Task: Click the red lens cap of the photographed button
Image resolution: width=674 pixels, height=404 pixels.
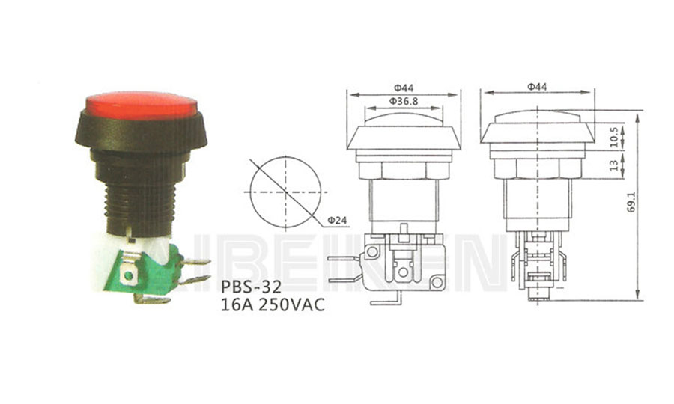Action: [x=142, y=105]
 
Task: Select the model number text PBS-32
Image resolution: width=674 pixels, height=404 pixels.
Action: [x=252, y=287]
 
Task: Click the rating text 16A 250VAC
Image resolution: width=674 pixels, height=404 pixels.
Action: [x=273, y=304]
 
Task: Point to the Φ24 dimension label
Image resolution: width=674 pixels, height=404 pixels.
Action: [x=337, y=221]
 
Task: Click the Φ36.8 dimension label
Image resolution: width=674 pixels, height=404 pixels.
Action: [x=403, y=101]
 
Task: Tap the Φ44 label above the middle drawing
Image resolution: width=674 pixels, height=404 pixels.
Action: [x=404, y=88]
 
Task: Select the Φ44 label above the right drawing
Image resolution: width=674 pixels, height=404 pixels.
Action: [x=537, y=87]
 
